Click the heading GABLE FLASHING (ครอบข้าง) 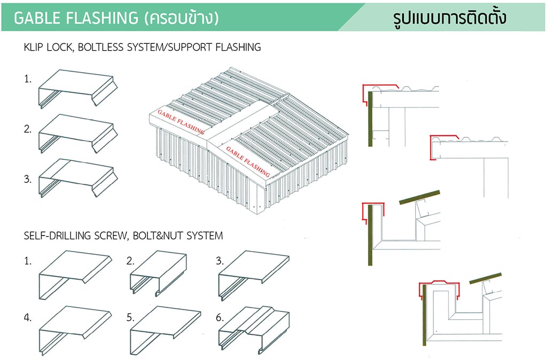pyautogui.click(x=116, y=18)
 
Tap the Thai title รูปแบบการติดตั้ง pyautogui.click(x=449, y=18)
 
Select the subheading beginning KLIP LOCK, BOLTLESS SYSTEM pyautogui.click(x=142, y=47)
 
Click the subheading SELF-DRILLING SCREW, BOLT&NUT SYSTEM pyautogui.click(x=123, y=235)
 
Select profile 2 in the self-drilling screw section pyautogui.click(x=158, y=272)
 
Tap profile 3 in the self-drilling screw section pyautogui.click(x=253, y=272)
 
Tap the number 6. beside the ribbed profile pyautogui.click(x=220, y=317)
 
